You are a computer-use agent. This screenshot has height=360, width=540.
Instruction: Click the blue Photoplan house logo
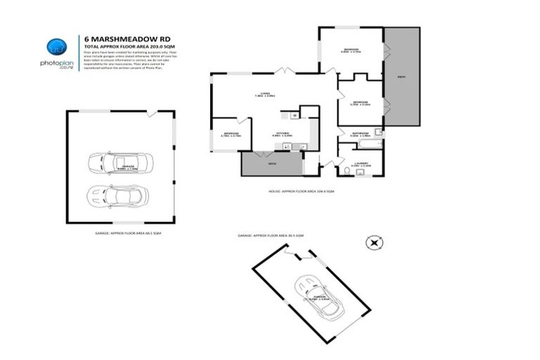tap(56, 47)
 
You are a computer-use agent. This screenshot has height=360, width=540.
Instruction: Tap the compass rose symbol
tap(374, 243)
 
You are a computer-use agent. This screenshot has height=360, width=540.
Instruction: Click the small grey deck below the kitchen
tap(271, 163)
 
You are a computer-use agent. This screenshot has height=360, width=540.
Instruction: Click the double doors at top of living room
tap(283, 71)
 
